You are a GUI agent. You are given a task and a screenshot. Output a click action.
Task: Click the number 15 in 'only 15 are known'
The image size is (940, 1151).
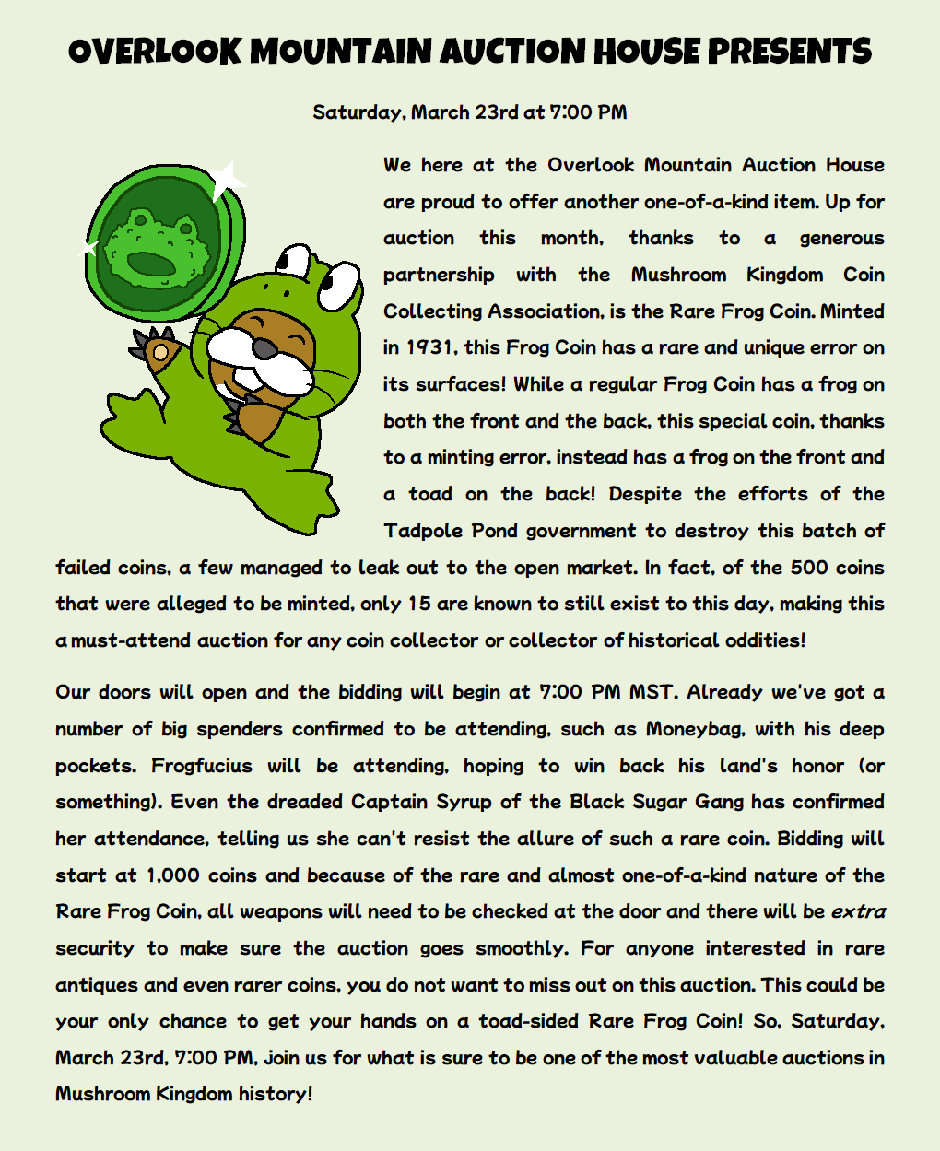419,604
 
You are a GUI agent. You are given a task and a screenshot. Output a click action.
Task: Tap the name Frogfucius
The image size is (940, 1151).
202,766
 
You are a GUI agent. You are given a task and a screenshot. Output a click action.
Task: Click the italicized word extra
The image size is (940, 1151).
858,911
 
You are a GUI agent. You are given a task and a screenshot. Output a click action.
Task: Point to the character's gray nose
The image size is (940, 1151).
264,348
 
